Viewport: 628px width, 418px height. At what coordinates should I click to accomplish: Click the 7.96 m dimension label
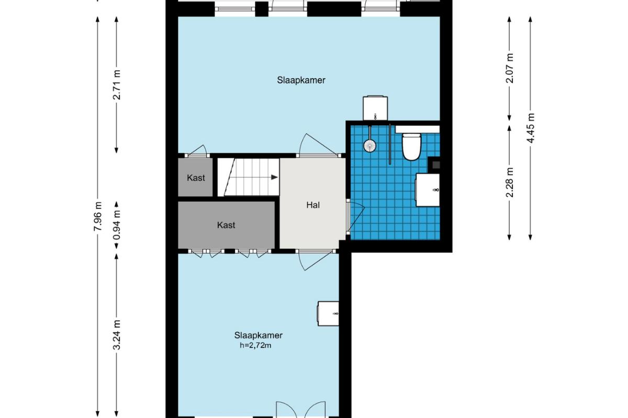click(x=97, y=216)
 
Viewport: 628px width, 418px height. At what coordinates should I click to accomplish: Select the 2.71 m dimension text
click(x=117, y=85)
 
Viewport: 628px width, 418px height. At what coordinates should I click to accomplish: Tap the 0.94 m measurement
click(x=117, y=225)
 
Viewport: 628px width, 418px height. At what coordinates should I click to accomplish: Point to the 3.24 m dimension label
click(x=117, y=335)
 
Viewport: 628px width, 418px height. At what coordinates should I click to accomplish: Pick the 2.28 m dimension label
click(x=509, y=182)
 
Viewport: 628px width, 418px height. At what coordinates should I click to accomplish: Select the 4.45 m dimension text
click(x=530, y=128)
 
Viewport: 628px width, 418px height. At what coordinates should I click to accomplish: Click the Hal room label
click(x=313, y=205)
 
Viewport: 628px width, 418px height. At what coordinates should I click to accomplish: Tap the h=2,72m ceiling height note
click(x=255, y=345)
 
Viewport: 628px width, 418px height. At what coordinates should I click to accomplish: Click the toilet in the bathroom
click(x=411, y=147)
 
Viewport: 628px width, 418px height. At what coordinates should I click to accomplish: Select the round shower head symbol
click(x=370, y=146)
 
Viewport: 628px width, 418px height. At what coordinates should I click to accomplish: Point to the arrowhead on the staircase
click(x=274, y=177)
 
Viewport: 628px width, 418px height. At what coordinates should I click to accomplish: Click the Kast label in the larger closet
click(x=226, y=225)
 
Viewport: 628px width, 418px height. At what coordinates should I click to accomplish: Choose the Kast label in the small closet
click(x=196, y=178)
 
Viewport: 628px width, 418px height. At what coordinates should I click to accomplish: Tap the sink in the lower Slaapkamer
click(x=328, y=313)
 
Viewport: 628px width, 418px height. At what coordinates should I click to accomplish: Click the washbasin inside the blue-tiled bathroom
click(x=427, y=190)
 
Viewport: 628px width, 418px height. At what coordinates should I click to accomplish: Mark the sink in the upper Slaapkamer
click(x=375, y=108)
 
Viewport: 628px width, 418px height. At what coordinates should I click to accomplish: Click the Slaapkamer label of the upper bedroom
click(x=301, y=80)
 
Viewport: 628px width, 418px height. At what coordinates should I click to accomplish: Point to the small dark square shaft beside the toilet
click(x=435, y=165)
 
